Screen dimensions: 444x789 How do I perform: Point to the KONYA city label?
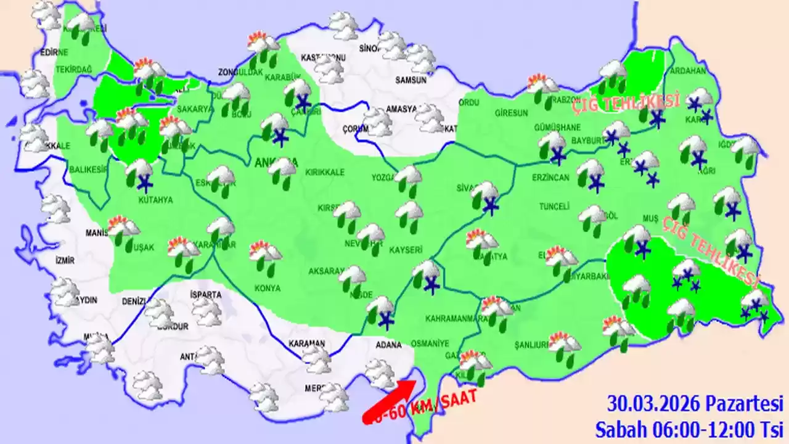click(x=268, y=288)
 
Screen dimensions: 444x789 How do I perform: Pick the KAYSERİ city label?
click(x=406, y=250)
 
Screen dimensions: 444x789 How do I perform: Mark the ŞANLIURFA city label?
click(x=532, y=345)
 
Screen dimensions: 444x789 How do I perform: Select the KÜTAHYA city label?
click(x=155, y=200)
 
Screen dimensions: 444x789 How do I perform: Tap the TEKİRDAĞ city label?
click(x=73, y=70)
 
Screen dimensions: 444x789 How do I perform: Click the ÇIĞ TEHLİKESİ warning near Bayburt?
click(x=626, y=104)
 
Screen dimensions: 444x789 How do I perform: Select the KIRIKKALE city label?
click(x=327, y=173)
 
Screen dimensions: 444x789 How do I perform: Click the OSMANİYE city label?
click(x=446, y=343)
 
